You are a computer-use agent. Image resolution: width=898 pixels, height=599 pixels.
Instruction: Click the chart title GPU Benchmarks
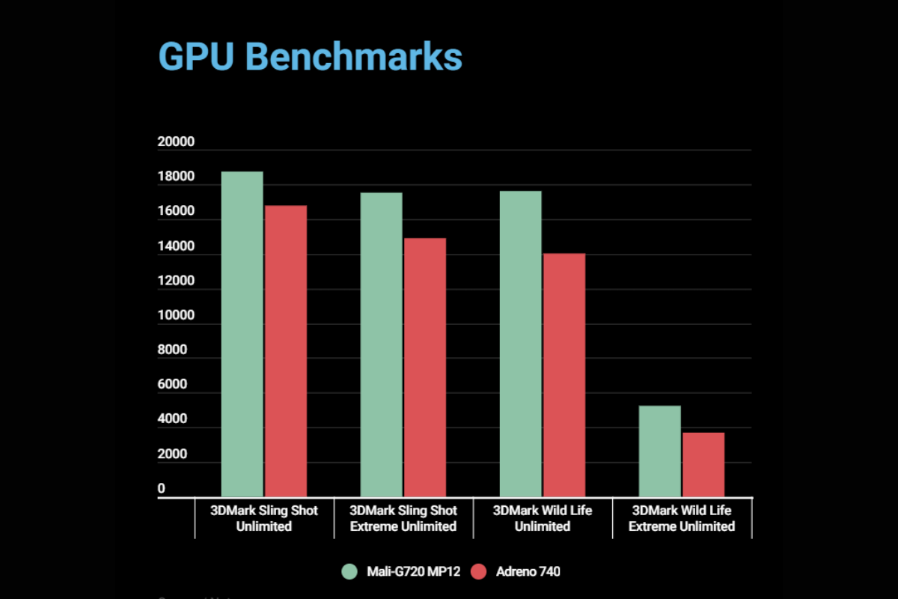(311, 58)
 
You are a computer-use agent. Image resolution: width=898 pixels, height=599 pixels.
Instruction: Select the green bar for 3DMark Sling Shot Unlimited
(242, 334)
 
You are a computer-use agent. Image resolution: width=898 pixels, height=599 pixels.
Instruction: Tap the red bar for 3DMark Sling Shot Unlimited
(285, 351)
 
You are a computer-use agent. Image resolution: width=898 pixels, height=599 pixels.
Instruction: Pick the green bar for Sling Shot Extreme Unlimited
(382, 344)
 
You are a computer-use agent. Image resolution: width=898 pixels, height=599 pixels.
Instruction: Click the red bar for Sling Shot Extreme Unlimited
(425, 368)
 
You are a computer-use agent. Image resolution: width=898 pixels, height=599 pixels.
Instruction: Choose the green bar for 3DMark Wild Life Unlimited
(520, 344)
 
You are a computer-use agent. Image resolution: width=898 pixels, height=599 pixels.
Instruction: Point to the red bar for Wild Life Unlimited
(563, 375)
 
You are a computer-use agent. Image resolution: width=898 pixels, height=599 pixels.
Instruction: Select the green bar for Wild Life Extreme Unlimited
(659, 451)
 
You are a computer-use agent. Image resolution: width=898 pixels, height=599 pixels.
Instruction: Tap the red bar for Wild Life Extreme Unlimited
(703, 464)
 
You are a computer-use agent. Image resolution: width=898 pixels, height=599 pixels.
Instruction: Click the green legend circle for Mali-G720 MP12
(349, 572)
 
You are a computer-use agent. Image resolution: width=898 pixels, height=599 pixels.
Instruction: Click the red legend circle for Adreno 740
(479, 572)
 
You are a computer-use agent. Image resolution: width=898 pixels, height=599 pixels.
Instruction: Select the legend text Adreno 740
(528, 572)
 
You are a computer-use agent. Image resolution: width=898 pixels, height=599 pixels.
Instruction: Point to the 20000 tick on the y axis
(176, 142)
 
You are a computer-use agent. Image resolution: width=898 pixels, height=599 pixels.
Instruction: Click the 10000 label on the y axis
(176, 316)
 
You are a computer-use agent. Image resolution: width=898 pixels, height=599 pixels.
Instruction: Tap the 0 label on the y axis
(161, 489)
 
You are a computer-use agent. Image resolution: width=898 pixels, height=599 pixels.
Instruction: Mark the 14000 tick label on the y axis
(176, 246)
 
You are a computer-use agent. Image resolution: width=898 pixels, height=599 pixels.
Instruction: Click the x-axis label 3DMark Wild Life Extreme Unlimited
(681, 518)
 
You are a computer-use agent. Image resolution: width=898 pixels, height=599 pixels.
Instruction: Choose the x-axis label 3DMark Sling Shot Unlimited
(263, 518)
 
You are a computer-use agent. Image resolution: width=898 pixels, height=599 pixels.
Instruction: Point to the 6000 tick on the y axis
(173, 385)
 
